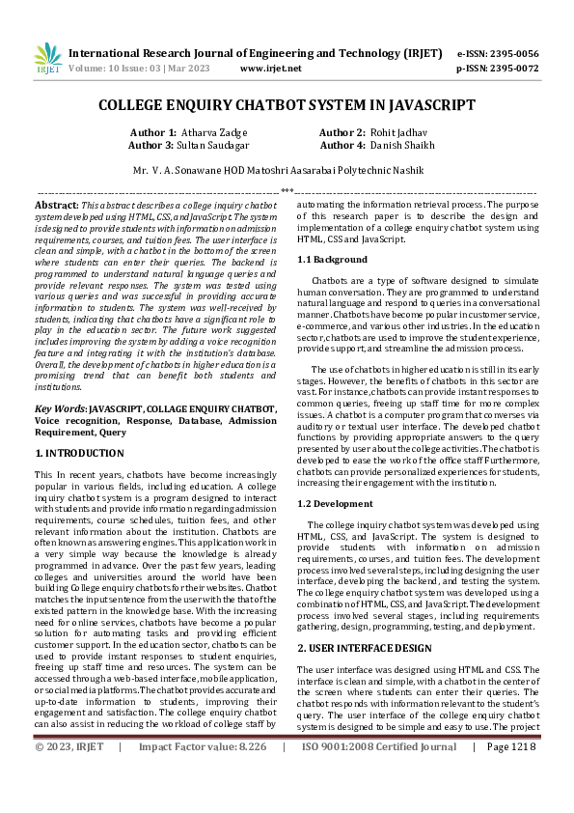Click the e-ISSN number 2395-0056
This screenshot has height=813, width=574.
coord(510,53)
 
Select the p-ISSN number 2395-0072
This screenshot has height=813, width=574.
coord(510,69)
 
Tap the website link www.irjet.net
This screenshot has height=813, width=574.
coord(271,69)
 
